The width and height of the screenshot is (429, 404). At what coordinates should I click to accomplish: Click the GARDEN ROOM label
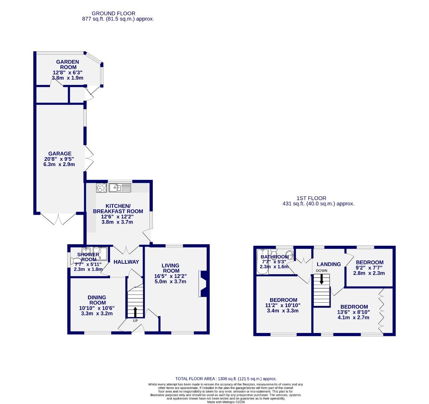click(x=67, y=64)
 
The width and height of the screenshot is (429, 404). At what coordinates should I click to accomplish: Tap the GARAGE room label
click(x=59, y=153)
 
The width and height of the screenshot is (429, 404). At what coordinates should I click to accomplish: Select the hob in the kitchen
click(x=101, y=187)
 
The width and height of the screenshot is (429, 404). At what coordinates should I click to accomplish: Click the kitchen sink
click(x=120, y=187)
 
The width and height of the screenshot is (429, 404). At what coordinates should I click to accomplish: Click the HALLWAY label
click(x=126, y=262)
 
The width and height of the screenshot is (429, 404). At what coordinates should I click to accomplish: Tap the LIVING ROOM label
click(x=170, y=268)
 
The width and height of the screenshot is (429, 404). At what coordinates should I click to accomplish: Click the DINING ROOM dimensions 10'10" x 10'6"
click(x=96, y=308)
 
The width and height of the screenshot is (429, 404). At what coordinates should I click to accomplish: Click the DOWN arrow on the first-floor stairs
click(x=321, y=279)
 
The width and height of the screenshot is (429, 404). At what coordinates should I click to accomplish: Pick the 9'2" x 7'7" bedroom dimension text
click(x=369, y=267)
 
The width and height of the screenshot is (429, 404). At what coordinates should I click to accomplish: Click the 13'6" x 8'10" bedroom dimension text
click(x=354, y=312)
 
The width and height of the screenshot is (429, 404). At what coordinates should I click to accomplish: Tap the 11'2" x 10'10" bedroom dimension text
click(x=283, y=305)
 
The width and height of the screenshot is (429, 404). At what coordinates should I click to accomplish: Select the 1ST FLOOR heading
click(x=311, y=198)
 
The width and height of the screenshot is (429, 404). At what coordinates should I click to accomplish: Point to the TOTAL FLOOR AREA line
click(x=226, y=379)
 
